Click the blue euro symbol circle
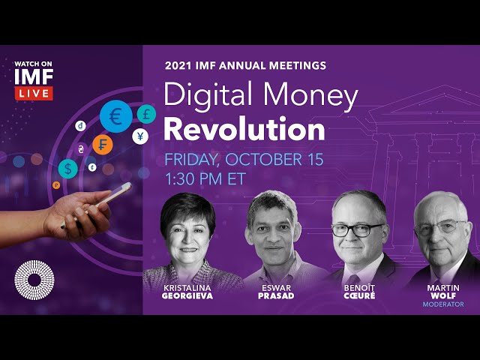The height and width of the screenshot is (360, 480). point(115,116)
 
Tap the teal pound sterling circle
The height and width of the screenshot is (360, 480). point(146,114)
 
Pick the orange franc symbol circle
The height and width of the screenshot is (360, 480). point(103,143)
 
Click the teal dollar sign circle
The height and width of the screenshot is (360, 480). point(69,168)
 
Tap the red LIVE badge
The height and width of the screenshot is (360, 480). point(33,93)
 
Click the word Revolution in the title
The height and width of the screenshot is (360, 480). point(244,129)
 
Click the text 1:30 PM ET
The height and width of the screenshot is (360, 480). point(205,179)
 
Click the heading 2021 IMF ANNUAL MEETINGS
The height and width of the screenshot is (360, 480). point(245,65)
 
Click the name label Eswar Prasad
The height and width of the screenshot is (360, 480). point(275,292)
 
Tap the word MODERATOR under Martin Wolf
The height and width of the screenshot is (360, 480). point(442,304)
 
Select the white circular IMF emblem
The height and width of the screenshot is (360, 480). point(34,280)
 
